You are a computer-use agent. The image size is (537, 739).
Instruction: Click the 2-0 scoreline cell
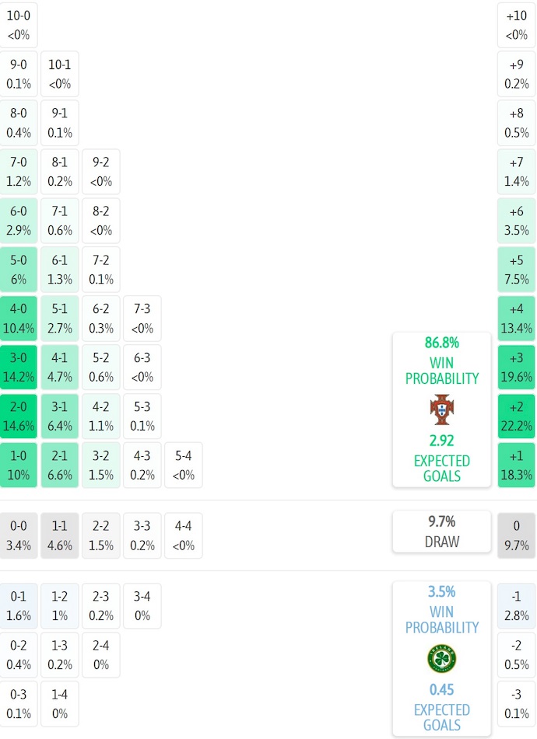(19, 416)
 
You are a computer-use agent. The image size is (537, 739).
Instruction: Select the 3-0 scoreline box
(19, 367)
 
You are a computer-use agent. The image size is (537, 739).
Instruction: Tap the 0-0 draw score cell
(19, 535)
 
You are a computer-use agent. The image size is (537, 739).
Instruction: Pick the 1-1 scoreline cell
(60, 535)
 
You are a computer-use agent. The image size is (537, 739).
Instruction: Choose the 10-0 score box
(19, 25)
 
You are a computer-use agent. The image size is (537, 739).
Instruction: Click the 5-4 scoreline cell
(183, 465)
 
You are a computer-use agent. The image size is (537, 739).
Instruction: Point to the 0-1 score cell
(19, 606)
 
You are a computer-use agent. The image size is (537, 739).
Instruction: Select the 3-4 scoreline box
(142, 606)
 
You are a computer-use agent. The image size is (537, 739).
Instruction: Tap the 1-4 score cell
(60, 704)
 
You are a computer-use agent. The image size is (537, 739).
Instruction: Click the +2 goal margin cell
(517, 416)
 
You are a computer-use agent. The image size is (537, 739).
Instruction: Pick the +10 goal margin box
(517, 25)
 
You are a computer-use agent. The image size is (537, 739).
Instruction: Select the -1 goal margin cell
(517, 606)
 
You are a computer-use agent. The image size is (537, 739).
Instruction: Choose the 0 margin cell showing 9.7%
(517, 535)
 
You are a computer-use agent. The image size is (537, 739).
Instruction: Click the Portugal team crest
(441, 410)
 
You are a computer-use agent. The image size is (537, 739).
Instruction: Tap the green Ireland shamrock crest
(441, 658)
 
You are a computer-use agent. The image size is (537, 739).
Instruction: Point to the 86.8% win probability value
(441, 343)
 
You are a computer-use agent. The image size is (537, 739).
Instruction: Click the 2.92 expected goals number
(441, 441)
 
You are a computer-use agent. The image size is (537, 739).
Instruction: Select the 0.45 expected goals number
(441, 689)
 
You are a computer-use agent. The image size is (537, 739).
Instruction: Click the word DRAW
(441, 542)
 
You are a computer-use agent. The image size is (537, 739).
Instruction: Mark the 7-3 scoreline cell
(142, 318)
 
